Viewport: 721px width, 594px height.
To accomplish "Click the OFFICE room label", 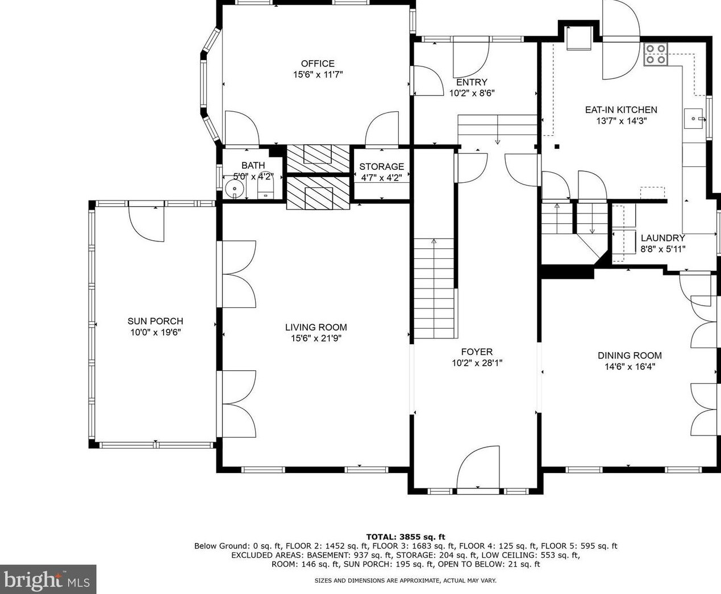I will pyautogui.click(x=318, y=64).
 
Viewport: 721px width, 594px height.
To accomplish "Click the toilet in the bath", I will pyautogui.click(x=265, y=187).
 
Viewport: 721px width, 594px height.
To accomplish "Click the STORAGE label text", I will pyautogui.click(x=381, y=166).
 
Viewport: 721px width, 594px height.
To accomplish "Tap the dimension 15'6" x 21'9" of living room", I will pyautogui.click(x=316, y=338).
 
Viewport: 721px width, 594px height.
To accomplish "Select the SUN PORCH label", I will pyautogui.click(x=155, y=321).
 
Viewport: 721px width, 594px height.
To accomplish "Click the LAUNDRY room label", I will pyautogui.click(x=662, y=238).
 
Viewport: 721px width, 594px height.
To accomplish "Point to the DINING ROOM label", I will pyautogui.click(x=630, y=355).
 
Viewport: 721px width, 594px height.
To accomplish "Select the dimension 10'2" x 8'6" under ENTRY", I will pyautogui.click(x=472, y=93).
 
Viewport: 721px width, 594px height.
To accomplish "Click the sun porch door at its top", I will pyautogui.click(x=147, y=221).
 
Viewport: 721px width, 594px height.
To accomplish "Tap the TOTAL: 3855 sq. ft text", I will pyautogui.click(x=405, y=537).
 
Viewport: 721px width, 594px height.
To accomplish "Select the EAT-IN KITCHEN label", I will pyautogui.click(x=621, y=110).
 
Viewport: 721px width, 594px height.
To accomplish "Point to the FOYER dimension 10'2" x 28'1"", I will pyautogui.click(x=477, y=363).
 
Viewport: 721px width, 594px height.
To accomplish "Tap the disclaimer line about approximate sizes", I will pyautogui.click(x=405, y=580).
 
